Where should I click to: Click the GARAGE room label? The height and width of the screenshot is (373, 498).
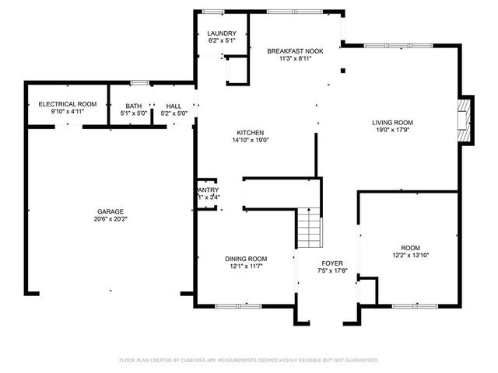point(110,211)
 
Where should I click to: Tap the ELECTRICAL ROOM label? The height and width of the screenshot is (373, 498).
point(68,104)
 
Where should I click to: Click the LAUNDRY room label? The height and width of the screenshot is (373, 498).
point(221,33)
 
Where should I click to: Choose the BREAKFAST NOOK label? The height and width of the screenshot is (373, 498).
point(295,51)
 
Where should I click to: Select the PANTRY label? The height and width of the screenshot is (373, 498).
point(208,190)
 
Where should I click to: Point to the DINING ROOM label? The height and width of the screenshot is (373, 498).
point(247,259)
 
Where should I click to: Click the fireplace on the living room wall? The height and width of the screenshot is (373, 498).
point(465,120)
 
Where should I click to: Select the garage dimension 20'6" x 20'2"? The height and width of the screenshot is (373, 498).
point(110,220)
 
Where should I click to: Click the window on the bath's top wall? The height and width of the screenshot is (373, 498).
point(139,82)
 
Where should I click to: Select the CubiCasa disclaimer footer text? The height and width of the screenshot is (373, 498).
point(249,361)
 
